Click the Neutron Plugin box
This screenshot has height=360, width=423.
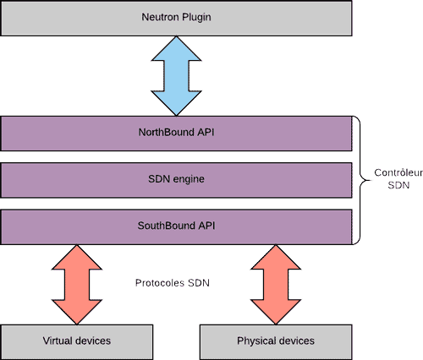point(176,18)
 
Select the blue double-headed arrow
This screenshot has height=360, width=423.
point(176,75)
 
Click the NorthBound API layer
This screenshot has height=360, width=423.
point(176,132)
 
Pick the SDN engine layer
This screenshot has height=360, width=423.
point(176,179)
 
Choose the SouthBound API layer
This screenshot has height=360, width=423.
point(176,226)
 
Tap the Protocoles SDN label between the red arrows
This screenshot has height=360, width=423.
point(172,283)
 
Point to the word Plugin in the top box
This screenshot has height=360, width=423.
point(195,18)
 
